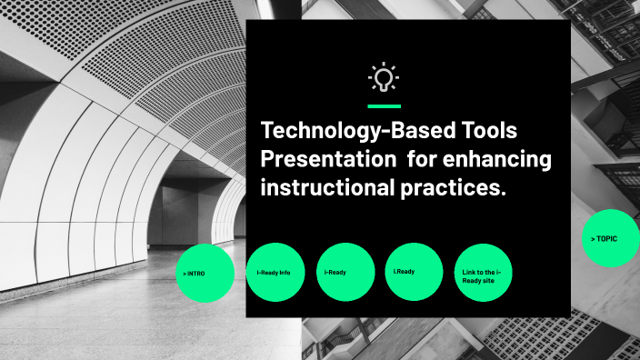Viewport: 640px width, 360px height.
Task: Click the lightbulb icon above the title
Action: tap(384, 78)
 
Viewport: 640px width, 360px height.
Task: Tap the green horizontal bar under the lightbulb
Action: tap(384, 106)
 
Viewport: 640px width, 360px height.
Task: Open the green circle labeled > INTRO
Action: tap(205, 273)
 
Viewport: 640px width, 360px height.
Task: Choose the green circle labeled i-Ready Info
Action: tap(275, 272)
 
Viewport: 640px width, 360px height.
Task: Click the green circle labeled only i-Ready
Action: tap(345, 272)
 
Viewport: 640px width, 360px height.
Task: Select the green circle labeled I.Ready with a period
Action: tap(414, 272)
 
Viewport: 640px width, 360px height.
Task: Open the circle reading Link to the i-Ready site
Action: tap(483, 272)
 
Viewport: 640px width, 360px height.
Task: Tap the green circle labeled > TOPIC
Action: tap(610, 238)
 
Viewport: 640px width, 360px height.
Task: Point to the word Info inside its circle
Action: tap(285, 272)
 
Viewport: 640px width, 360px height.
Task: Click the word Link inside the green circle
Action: tap(468, 272)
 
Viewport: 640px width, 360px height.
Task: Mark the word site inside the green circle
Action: tap(492, 281)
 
